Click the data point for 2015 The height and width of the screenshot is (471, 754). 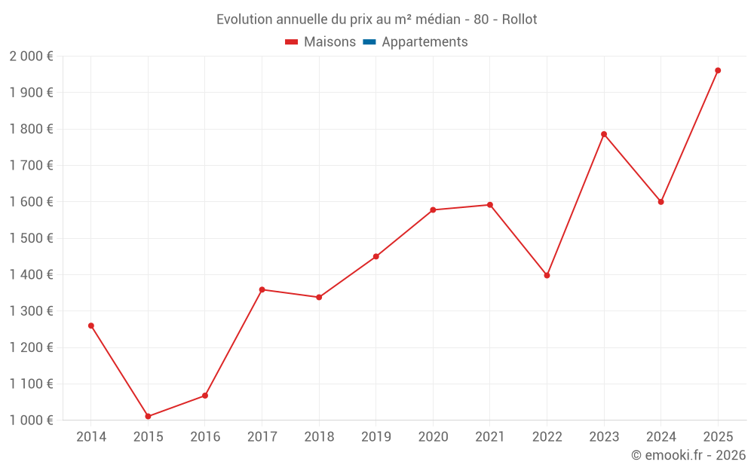point(148,416)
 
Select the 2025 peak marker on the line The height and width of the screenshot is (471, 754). point(718,70)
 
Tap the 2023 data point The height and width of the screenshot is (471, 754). point(604,134)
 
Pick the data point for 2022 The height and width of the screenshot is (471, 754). point(547,275)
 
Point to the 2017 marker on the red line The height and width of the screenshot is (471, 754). point(262,289)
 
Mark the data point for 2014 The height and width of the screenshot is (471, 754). point(91,326)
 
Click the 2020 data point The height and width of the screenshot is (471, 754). point(433,210)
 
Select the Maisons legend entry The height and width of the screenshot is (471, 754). point(320,42)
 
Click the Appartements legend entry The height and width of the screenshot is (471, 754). point(424,42)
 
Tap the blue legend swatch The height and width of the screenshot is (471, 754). point(369,42)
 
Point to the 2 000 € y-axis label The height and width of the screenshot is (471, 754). point(31,57)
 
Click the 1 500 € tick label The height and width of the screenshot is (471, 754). point(31,238)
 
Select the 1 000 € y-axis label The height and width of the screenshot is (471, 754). point(31,421)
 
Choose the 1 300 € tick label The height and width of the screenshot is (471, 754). point(31,311)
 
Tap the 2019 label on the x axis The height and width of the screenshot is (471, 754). point(375,437)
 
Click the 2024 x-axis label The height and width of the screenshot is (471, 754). point(661,437)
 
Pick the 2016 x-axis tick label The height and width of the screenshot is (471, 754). point(205,437)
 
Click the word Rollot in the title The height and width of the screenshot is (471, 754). point(520,20)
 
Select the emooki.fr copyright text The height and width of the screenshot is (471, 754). point(688,455)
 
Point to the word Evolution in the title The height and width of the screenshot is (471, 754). point(243,20)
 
